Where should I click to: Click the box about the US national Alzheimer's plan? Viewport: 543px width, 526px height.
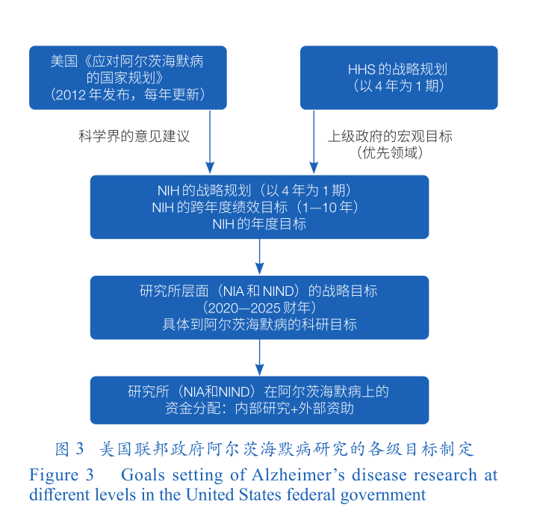coord(127,78)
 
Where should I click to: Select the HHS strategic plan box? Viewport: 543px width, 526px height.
coord(398,78)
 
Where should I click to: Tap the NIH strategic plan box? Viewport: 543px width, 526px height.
coord(259,207)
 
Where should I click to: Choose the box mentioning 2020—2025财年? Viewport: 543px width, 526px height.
coord(259,307)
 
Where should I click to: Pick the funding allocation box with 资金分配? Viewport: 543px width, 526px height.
coord(259,400)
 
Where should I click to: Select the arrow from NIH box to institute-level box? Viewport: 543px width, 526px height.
coord(259,257)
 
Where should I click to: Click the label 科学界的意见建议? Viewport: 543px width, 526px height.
coord(134,137)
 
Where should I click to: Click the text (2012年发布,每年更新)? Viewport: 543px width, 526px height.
coord(127,95)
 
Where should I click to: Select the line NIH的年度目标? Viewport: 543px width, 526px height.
coord(259,223)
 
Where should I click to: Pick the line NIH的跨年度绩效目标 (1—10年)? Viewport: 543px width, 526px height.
coord(259,207)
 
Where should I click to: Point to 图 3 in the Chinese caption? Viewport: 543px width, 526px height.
coord(70,450)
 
